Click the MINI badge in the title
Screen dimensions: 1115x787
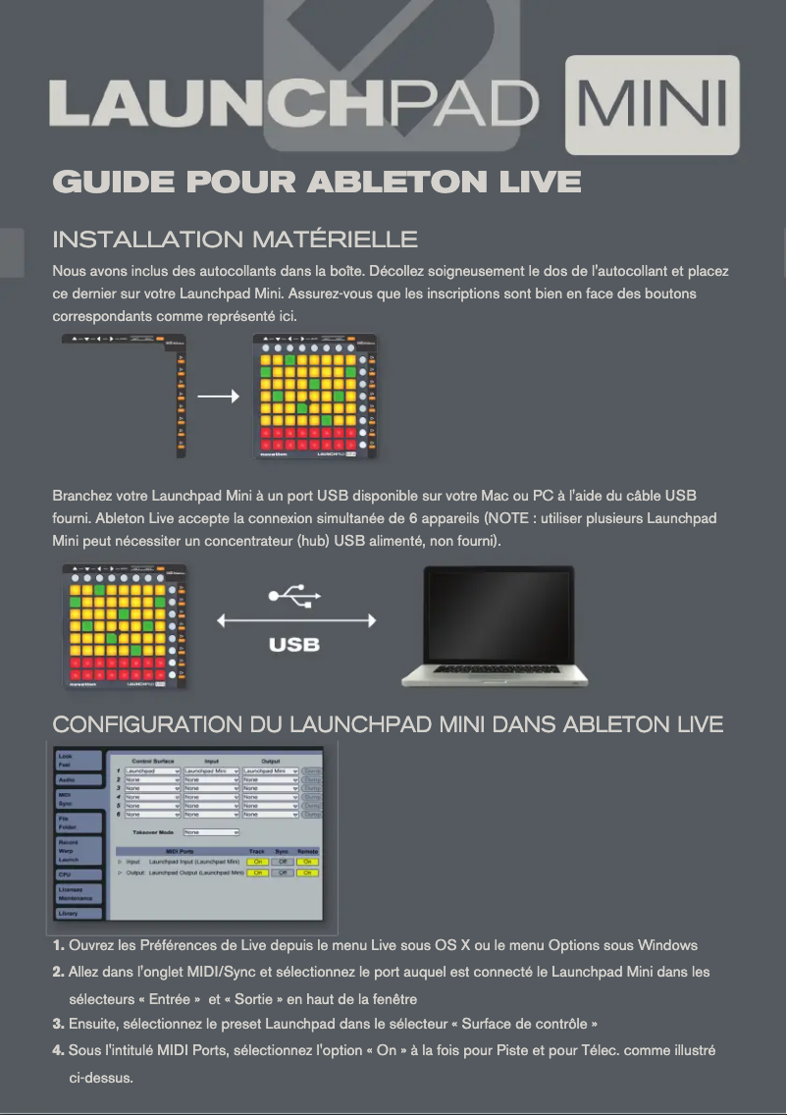[x=653, y=107]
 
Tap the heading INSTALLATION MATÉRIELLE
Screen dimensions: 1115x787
[x=235, y=239]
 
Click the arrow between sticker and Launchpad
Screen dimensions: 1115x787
[x=218, y=397]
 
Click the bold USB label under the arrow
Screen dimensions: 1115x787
[x=294, y=645]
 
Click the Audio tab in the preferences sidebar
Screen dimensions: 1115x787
[x=78, y=779]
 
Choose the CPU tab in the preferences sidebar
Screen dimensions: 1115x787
[x=78, y=874]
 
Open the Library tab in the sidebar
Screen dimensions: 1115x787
[x=78, y=913]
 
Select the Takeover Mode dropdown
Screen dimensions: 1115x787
[x=211, y=832]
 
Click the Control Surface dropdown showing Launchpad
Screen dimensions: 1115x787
[x=152, y=771]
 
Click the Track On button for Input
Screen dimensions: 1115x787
[x=257, y=862]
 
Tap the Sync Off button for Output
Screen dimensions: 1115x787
[x=283, y=873]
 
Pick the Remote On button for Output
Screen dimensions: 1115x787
[x=308, y=873]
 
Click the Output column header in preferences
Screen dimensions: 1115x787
[x=270, y=761]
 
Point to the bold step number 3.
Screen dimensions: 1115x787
[x=58, y=1024]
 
